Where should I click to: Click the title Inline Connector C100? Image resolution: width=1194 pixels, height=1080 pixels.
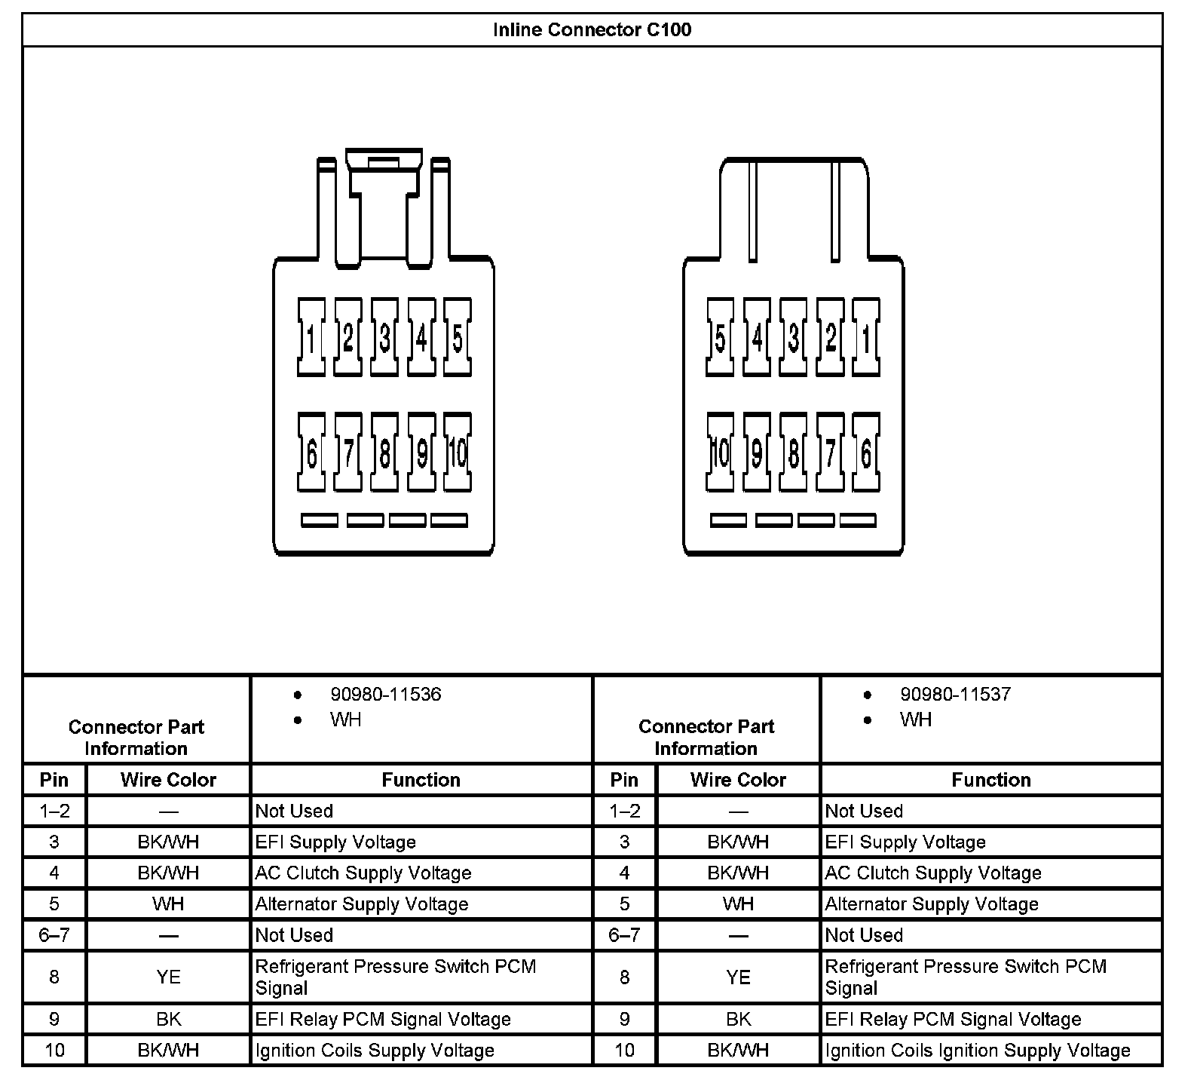point(592,30)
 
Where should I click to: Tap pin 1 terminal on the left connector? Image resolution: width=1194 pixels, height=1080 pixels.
point(311,337)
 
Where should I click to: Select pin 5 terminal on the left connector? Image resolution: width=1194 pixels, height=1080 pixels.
point(458,337)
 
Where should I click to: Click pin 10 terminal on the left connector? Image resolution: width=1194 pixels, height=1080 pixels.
point(458,453)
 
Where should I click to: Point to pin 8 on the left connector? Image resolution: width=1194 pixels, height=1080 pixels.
point(384,453)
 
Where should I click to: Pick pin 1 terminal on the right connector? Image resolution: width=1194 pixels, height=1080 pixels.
point(866,337)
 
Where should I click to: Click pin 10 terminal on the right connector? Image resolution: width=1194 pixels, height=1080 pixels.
point(721,453)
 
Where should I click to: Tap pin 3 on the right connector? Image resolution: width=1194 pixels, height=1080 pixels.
point(793,337)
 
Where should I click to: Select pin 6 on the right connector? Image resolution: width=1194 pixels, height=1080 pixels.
point(866,453)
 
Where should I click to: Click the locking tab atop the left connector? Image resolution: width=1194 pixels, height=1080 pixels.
point(384,163)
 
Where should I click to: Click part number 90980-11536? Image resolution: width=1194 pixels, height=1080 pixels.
point(385,695)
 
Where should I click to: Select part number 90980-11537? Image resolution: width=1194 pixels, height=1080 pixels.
point(955,695)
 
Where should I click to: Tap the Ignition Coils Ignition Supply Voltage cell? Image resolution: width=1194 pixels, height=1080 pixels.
point(978,1051)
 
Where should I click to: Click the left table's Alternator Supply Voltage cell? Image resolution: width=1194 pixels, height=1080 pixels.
point(362,904)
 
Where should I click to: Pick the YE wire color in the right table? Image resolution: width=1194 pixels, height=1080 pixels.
point(738,977)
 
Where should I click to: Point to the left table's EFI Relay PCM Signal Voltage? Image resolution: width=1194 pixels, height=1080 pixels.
point(383,1020)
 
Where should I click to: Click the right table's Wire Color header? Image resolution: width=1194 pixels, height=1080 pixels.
point(738,780)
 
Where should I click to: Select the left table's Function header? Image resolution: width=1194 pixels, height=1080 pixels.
point(421,780)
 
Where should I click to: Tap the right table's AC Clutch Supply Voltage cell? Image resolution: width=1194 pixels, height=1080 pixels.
point(933,873)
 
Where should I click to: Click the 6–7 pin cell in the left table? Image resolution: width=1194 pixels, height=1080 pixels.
point(54,935)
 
